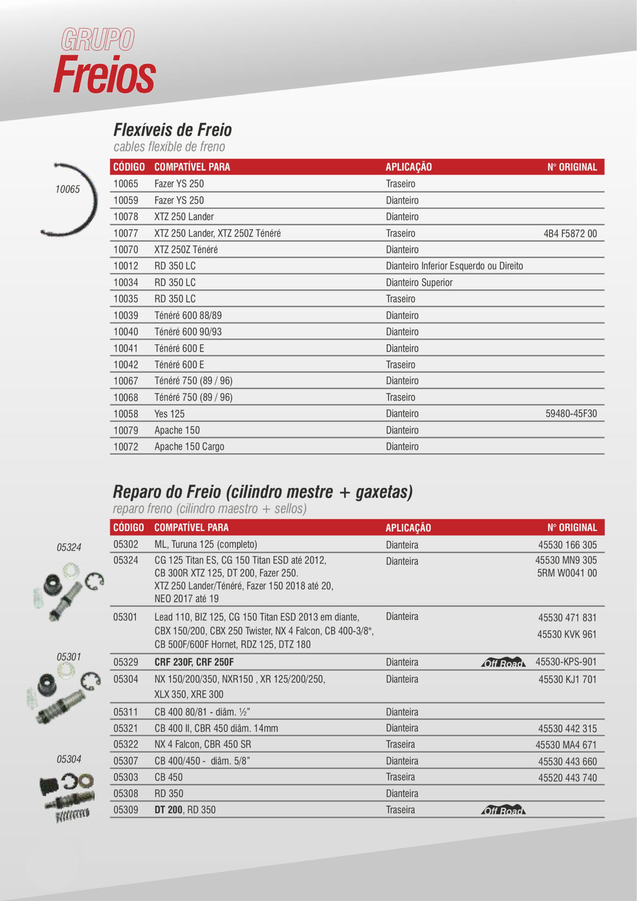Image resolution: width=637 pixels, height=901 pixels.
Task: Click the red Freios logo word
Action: pyautogui.click(x=104, y=74)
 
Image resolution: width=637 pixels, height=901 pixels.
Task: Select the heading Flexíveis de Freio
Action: pyautogui.click(x=172, y=130)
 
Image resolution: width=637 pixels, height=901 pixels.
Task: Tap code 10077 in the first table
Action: pyautogui.click(x=126, y=233)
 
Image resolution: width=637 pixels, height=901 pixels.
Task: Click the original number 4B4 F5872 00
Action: pyautogui.click(x=570, y=234)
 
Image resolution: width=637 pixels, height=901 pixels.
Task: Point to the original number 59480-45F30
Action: pyautogui.click(x=571, y=414)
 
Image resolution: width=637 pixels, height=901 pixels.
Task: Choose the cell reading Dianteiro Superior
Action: pyautogui.click(x=419, y=282)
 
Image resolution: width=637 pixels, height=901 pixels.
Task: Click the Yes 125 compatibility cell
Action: pyautogui.click(x=169, y=414)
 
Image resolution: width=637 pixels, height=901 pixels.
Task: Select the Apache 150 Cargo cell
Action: pyautogui.click(x=189, y=447)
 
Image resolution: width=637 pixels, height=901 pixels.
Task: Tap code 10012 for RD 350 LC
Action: pyautogui.click(x=126, y=266)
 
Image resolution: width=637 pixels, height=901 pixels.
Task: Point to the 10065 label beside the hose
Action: pyautogui.click(x=67, y=189)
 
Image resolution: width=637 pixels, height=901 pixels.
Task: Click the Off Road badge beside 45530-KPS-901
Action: pyautogui.click(x=503, y=662)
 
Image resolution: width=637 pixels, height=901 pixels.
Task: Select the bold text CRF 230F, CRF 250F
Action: pyautogui.click(x=194, y=662)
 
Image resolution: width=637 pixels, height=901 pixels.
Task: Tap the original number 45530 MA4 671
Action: pyautogui.click(x=566, y=745)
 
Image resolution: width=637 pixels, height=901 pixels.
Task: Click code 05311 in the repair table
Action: pyautogui.click(x=126, y=712)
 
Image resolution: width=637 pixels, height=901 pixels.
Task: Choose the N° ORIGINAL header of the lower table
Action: pyautogui.click(x=572, y=527)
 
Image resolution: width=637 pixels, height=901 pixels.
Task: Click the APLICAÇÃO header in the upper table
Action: pyautogui.click(x=409, y=167)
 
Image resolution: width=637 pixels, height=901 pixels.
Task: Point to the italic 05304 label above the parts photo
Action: pyautogui.click(x=69, y=759)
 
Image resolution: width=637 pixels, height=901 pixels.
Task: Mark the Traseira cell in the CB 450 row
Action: pyautogui.click(x=400, y=777)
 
